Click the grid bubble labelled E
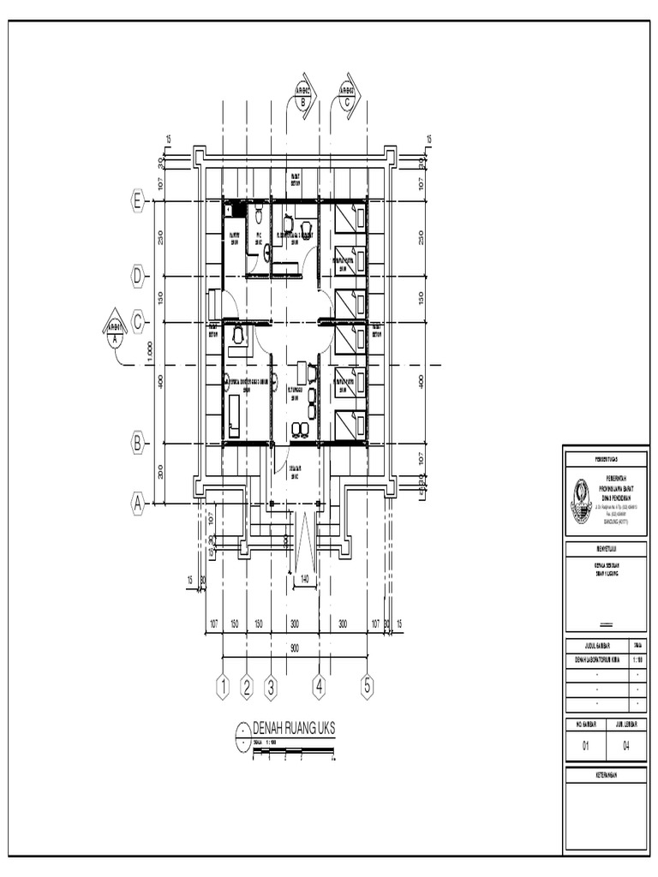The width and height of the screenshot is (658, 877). pos(137,200)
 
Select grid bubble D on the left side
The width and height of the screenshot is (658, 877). pos(137,276)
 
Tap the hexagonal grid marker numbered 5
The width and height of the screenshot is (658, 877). pos(368,686)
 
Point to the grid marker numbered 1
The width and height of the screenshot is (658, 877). pos(223,686)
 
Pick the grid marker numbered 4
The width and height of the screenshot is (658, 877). pos(320,686)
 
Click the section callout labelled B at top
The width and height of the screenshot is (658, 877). pos(303,95)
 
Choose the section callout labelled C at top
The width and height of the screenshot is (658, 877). pos(348,95)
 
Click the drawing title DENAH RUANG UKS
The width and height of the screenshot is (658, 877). pos(294,727)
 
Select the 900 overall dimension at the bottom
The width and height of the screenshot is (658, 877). pos(295,648)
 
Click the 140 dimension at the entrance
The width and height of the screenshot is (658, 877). pos(303,580)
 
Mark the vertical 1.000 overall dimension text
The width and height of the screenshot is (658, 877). pos(151,352)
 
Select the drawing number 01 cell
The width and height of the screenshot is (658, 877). pos(586,746)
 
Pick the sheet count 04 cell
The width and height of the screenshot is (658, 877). pos(626,746)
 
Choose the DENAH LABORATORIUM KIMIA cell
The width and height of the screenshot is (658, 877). pos(595,659)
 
